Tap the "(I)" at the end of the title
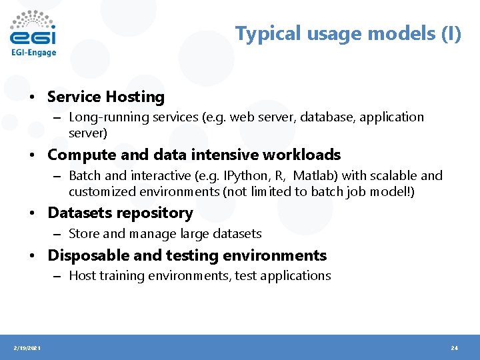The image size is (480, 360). tap(451, 33)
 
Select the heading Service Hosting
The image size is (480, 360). tap(105, 97)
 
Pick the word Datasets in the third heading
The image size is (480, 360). tap(77, 213)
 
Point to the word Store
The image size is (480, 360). tap(84, 234)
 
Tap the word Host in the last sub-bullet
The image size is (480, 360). tap(82, 276)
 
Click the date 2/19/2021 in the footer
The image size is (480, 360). tap(27, 348)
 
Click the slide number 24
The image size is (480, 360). tap(455, 348)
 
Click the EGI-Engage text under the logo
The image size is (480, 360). tap(33, 53)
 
